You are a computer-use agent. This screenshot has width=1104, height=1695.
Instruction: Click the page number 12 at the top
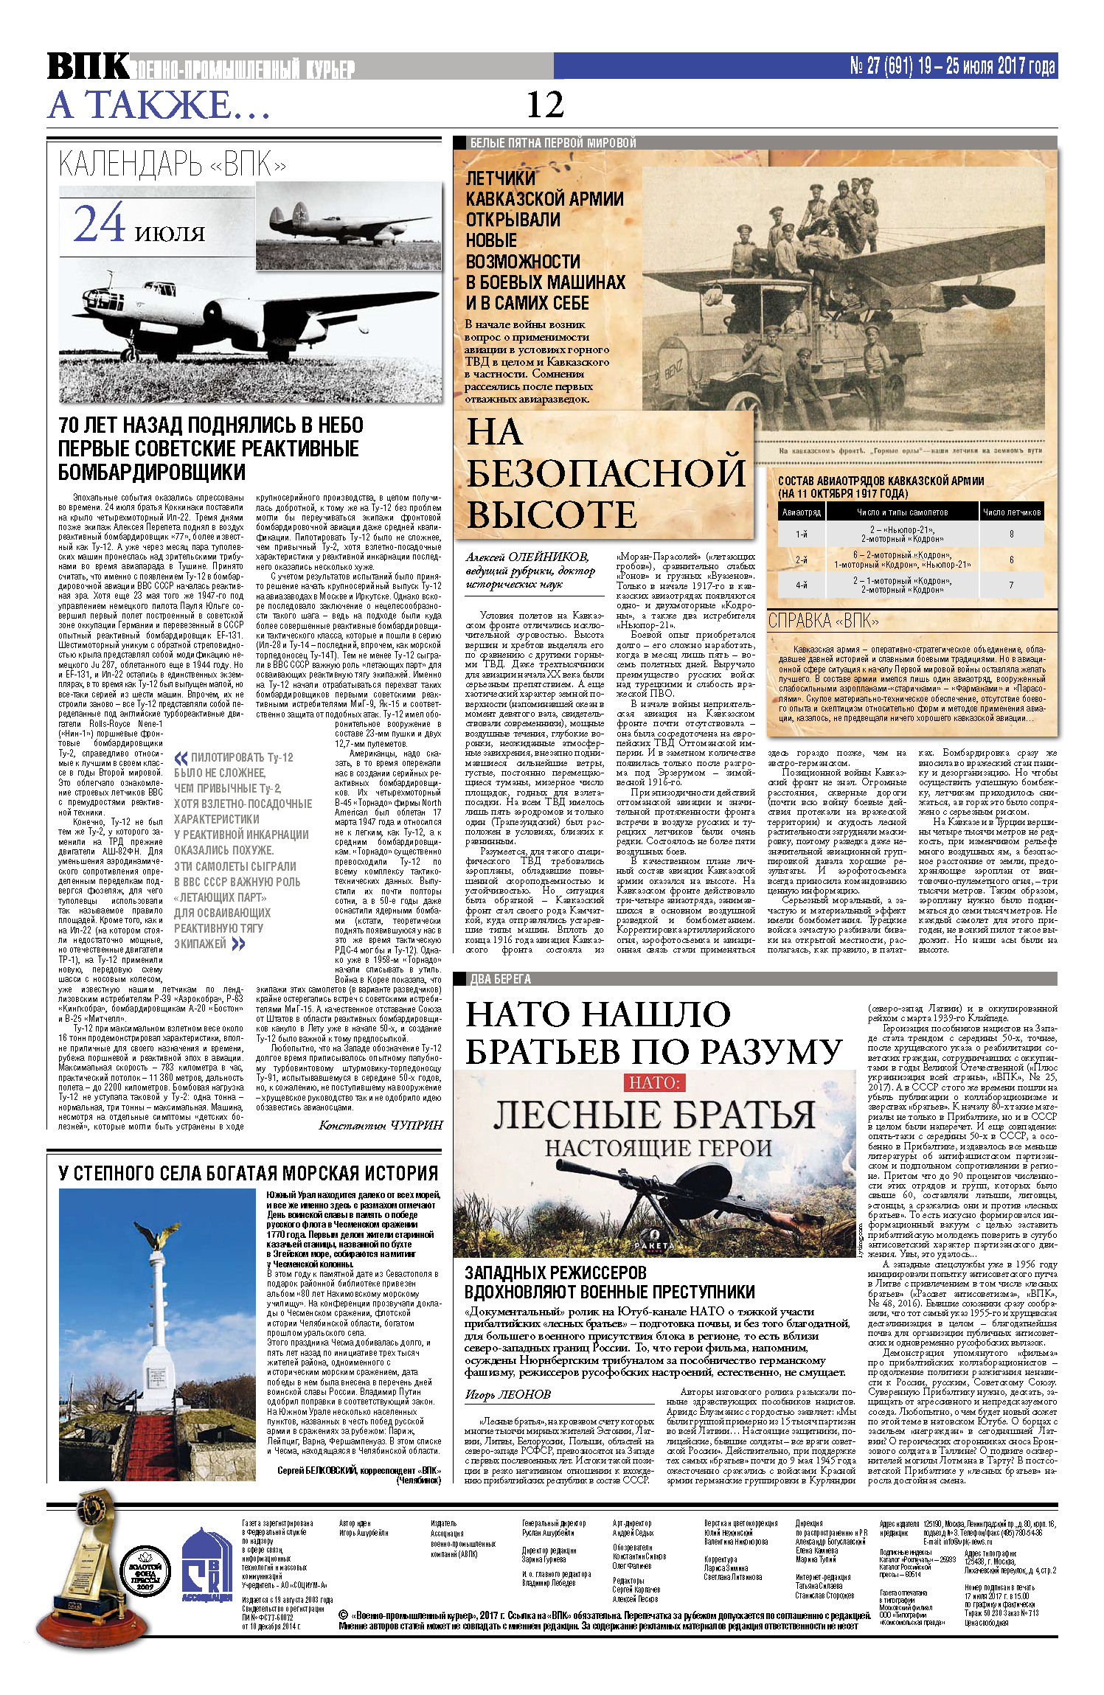[545, 105]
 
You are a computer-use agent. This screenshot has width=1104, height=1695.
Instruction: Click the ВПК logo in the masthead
[88, 67]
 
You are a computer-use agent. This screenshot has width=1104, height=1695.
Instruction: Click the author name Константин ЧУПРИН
[381, 1124]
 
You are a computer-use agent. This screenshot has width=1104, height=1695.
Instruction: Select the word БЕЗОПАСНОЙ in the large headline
[606, 473]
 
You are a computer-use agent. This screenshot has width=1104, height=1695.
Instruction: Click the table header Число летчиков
[1011, 512]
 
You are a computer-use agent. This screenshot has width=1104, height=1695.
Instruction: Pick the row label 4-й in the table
[801, 585]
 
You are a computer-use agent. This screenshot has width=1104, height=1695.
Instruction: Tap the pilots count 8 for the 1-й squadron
[1011, 535]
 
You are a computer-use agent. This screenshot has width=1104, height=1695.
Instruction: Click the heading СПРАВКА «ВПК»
[823, 621]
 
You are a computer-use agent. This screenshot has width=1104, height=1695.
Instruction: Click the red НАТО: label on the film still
[656, 1083]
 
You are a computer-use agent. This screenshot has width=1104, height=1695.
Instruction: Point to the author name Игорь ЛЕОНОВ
[508, 1394]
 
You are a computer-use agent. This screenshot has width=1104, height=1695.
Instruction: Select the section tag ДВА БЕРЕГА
[501, 979]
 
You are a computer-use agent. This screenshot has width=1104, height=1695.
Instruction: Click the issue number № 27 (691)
[882, 66]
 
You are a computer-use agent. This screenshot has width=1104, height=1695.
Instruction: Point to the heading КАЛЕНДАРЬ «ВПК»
[172, 164]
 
